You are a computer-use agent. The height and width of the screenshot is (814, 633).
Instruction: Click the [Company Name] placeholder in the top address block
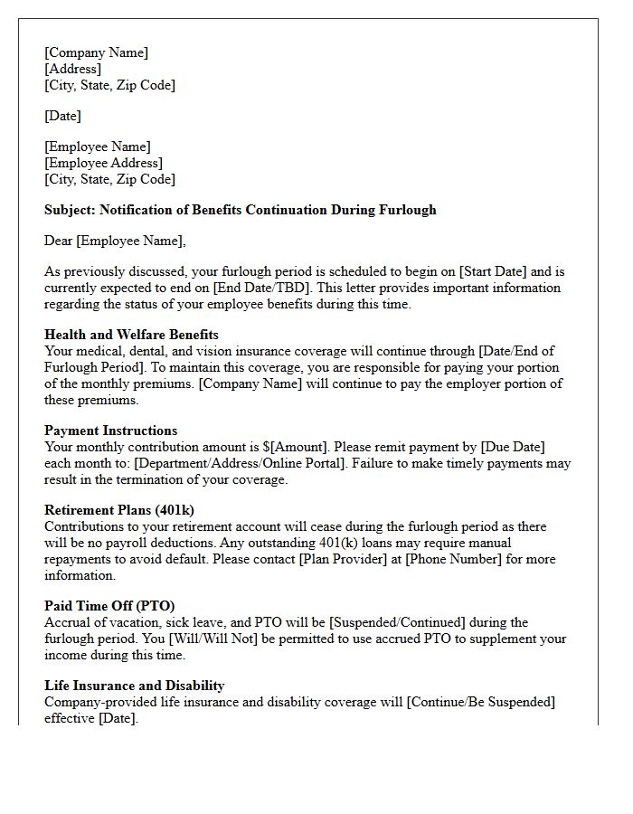click(x=96, y=52)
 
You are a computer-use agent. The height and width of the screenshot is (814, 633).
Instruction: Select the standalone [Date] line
click(x=62, y=116)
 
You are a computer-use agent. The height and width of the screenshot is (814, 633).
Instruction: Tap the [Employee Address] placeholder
click(x=103, y=163)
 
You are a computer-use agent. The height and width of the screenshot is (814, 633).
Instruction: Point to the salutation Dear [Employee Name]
click(x=114, y=241)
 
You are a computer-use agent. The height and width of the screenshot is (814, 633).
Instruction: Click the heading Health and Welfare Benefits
click(x=131, y=335)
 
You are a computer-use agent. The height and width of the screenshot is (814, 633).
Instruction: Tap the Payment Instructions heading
click(x=110, y=431)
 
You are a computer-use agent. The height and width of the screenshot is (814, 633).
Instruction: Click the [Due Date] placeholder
click(x=512, y=447)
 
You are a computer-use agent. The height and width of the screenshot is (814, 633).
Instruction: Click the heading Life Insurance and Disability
click(x=134, y=686)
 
